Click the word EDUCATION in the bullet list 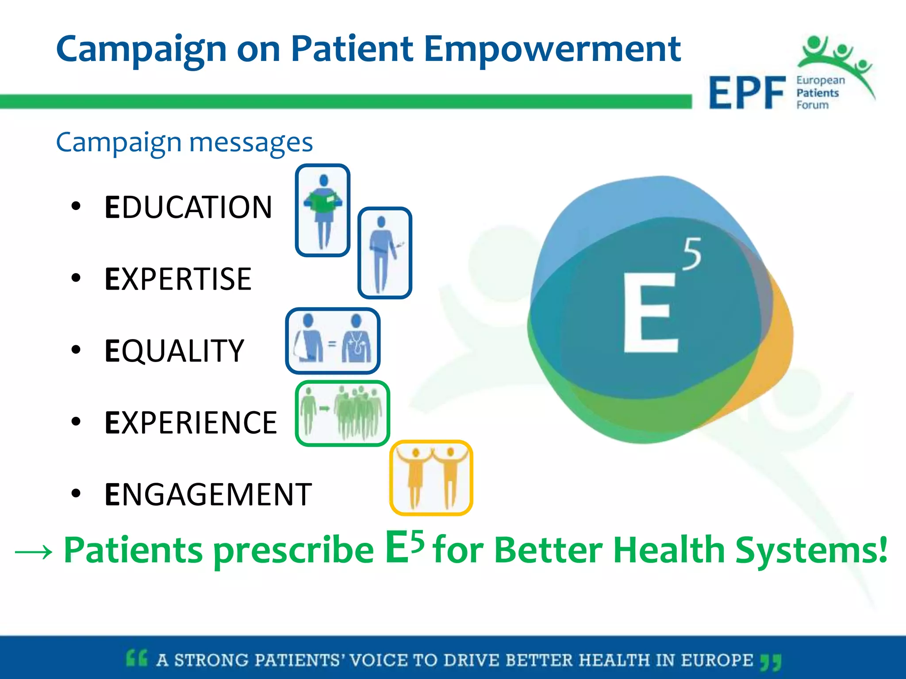[188, 207]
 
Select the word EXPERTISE [178, 279]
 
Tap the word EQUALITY [174, 351]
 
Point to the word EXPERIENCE [191, 423]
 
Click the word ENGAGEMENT [208, 494]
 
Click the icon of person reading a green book [323, 210]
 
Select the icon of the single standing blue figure [384, 253]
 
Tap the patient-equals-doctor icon [333, 341]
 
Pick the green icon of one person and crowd [342, 413]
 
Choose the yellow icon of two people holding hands [431, 477]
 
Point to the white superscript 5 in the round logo [692, 254]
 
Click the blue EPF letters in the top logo [747, 93]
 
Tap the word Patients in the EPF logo [817, 93]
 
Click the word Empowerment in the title [552, 49]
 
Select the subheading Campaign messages [184, 142]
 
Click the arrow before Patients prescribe [34, 552]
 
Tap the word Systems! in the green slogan [811, 550]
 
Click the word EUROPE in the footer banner [717, 660]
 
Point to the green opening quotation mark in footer [136, 658]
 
